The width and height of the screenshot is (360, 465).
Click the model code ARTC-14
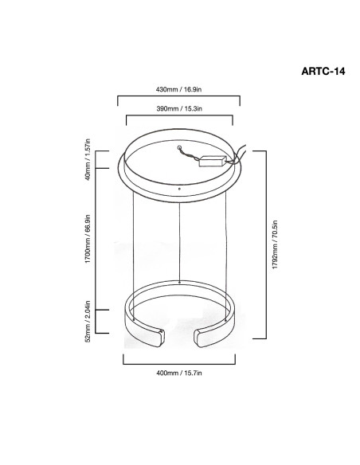pyautogui.click(x=323, y=72)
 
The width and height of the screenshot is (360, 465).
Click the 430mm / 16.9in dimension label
pyautogui.click(x=178, y=89)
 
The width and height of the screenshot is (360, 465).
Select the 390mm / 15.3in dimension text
pyautogui.click(x=179, y=109)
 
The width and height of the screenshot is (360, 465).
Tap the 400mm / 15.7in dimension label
pyautogui.click(x=179, y=373)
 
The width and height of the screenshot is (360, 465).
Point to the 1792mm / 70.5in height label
pyautogui.click(x=275, y=244)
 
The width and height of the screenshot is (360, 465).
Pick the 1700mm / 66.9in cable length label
pyautogui.click(x=88, y=239)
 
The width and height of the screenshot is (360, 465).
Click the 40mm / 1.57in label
pyautogui.click(x=88, y=159)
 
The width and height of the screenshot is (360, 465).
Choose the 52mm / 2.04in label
pyautogui.click(x=88, y=322)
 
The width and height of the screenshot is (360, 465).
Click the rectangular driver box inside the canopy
pyautogui.click(x=213, y=161)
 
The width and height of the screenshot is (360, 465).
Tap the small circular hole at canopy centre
pyautogui.click(x=179, y=147)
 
